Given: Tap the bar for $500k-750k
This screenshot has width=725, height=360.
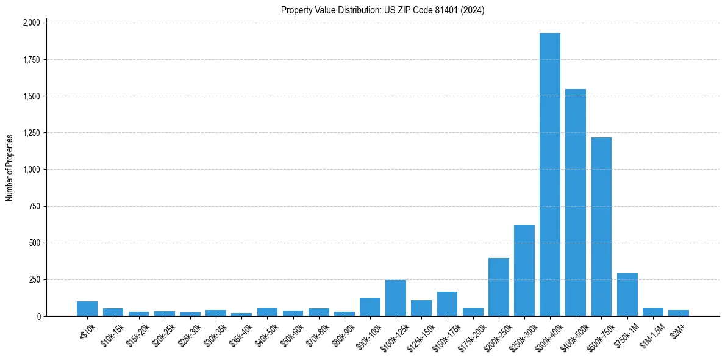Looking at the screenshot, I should [601, 226].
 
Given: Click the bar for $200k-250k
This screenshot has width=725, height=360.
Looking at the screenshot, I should [498, 287].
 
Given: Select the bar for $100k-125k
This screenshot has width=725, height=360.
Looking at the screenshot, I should [395, 298].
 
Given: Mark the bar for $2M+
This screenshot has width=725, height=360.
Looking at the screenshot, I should [678, 313].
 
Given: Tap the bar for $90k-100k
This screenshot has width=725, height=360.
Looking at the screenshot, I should [370, 307].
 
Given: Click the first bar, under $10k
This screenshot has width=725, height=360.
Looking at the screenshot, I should [87, 309].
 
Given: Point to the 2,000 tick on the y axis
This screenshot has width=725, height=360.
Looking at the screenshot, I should [31, 23].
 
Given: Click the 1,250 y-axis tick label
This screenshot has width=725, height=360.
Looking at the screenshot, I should [31, 133].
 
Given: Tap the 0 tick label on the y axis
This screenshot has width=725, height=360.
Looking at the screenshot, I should [38, 316].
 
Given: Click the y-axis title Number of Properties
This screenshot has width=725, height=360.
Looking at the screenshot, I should [9, 168].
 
